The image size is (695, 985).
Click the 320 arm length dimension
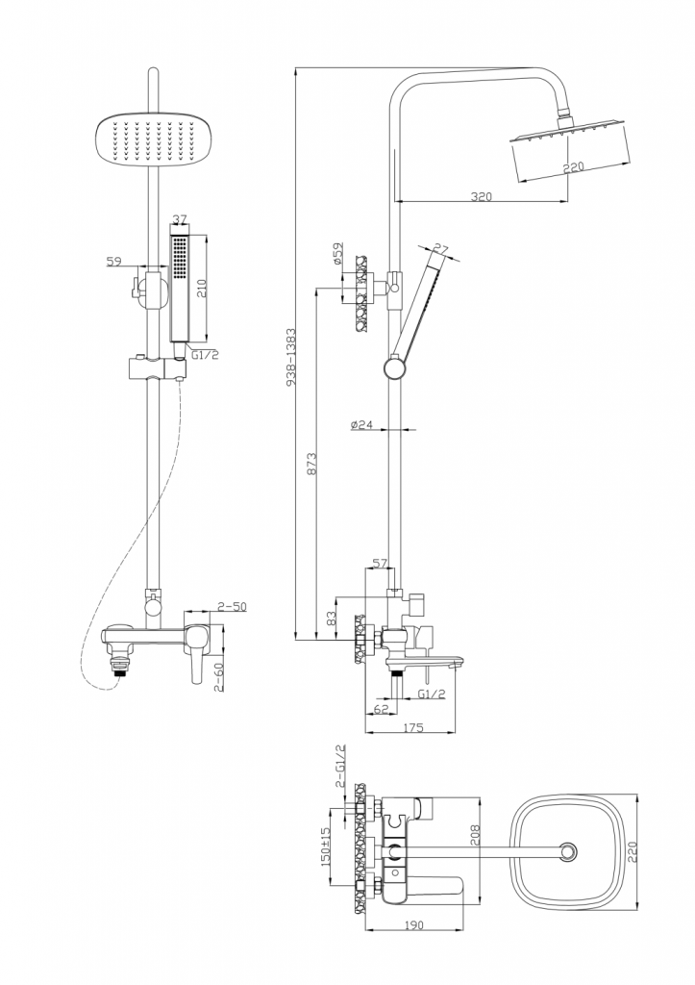pyautogui.click(x=482, y=196)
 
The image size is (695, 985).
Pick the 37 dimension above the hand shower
pyautogui.click(x=179, y=220)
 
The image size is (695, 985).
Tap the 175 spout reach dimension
pyautogui.click(x=413, y=727)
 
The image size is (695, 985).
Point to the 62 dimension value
pyautogui.click(x=380, y=710)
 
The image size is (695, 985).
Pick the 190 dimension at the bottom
pyautogui.click(x=414, y=924)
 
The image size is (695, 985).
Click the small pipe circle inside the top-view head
pyautogui.click(x=568, y=850)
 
